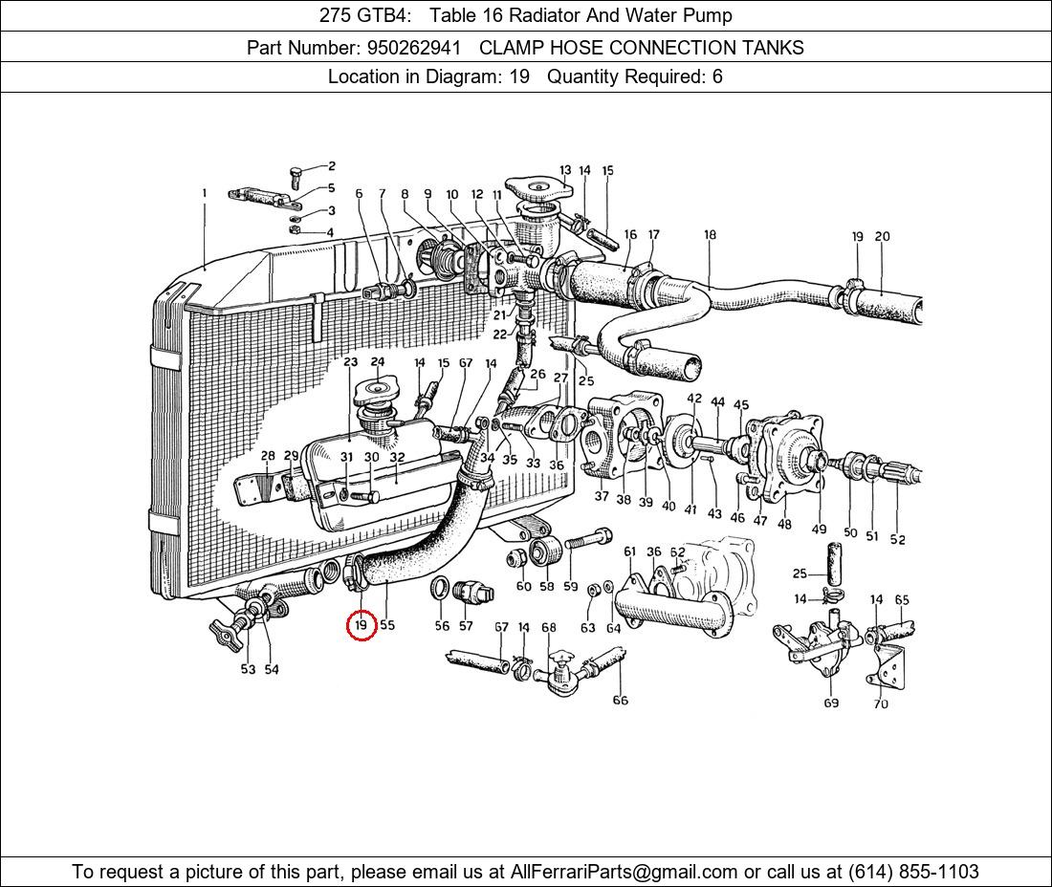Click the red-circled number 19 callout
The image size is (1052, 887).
[x=361, y=625]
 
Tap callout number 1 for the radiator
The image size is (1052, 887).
[x=204, y=193]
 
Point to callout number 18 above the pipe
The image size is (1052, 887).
[x=710, y=235]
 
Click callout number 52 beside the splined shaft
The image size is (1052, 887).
[x=897, y=539]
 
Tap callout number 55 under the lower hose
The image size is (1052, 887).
[x=387, y=625]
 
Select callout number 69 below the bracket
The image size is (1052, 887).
[x=830, y=703]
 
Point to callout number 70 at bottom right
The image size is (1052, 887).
[x=880, y=704]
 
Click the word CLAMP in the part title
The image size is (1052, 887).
[x=509, y=47]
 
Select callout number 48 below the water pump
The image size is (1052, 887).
[x=784, y=524]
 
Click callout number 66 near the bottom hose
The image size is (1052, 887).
[x=620, y=700]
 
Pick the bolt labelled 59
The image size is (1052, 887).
[x=585, y=541]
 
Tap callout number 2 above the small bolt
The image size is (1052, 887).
[x=332, y=166]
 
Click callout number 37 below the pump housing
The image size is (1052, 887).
[x=602, y=496]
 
